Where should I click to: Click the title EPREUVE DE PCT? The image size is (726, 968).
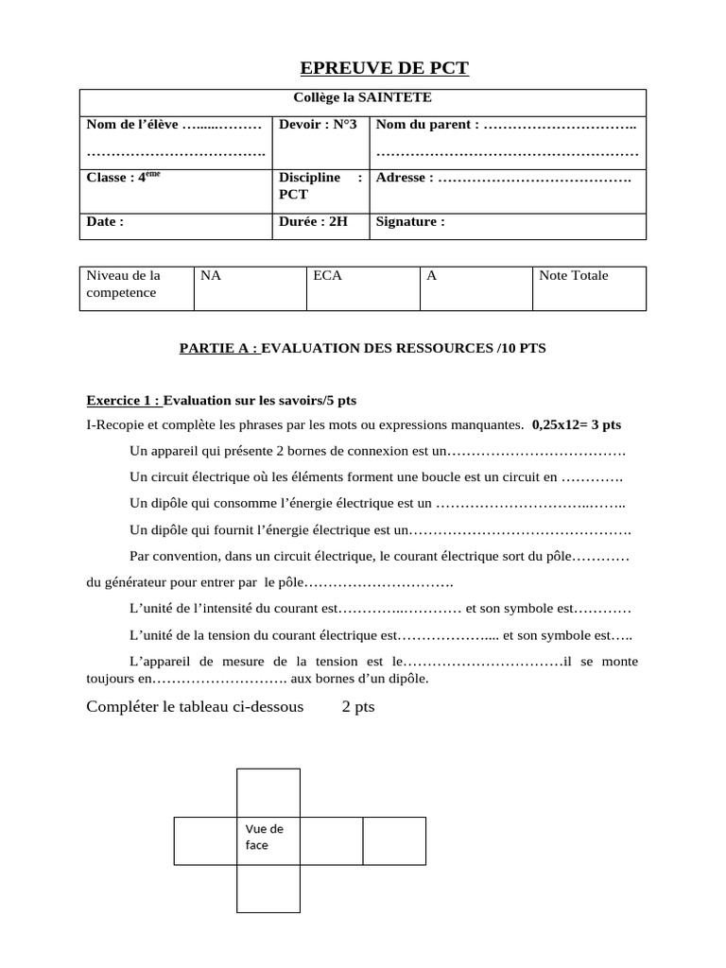click(384, 68)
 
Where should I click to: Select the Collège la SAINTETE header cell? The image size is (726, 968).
click(362, 97)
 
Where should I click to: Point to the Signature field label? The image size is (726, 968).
click(409, 222)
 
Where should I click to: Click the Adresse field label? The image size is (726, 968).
click(405, 177)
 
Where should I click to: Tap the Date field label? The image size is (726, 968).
click(105, 222)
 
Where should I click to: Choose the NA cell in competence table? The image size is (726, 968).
click(211, 276)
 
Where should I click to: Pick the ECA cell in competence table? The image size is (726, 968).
click(325, 276)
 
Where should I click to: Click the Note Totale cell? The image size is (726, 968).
click(573, 276)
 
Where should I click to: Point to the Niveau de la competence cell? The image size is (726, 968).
click(123, 285)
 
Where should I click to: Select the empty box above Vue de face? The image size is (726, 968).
click(268, 792)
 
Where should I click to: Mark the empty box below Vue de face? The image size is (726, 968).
click(268, 889)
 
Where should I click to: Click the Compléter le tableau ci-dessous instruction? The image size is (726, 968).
click(195, 707)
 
